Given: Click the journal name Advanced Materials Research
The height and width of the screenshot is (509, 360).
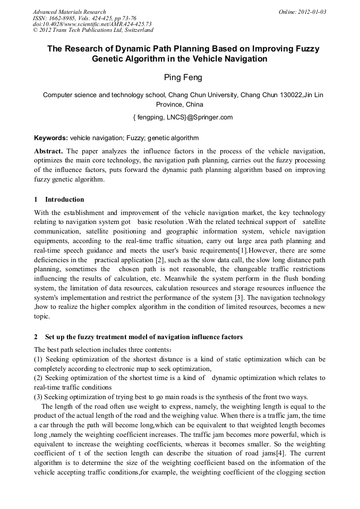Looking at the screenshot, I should coord(69,12).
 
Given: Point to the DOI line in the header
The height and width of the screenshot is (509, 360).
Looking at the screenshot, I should coord(92,24).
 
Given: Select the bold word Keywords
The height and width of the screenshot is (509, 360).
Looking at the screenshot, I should coord(51,137).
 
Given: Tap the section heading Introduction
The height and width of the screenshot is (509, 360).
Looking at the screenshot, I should coord(64,200).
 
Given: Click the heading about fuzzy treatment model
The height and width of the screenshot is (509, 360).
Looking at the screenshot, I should coord(143,337).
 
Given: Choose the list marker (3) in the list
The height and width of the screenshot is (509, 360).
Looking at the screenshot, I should coord(39,396).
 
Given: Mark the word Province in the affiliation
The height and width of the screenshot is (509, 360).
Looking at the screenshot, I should coord(170,105).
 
